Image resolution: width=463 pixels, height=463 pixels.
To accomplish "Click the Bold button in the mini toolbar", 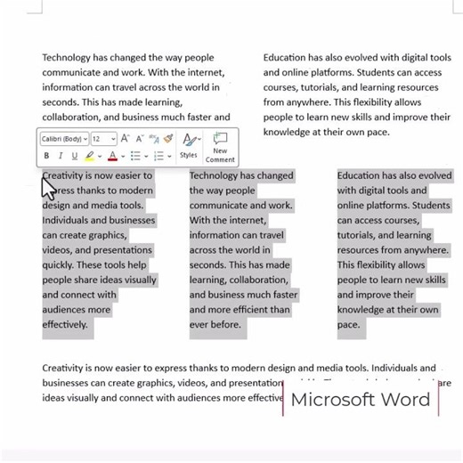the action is click(46, 156).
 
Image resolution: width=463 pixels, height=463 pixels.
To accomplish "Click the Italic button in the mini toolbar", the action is click(60, 156).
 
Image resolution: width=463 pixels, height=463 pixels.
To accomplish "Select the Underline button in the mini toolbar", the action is click(74, 156).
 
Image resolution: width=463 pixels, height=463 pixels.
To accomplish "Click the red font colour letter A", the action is click(111, 156).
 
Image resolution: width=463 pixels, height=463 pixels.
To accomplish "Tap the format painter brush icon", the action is click(167, 139).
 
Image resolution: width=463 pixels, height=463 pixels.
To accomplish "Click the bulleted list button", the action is click(134, 156).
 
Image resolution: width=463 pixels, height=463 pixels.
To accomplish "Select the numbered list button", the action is click(158, 156).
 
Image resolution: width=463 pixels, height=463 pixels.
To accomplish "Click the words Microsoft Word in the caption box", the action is click(360, 400).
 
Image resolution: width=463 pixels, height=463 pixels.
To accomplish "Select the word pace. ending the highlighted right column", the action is click(348, 325).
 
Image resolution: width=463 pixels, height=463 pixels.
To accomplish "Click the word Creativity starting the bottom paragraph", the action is click(68, 368).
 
